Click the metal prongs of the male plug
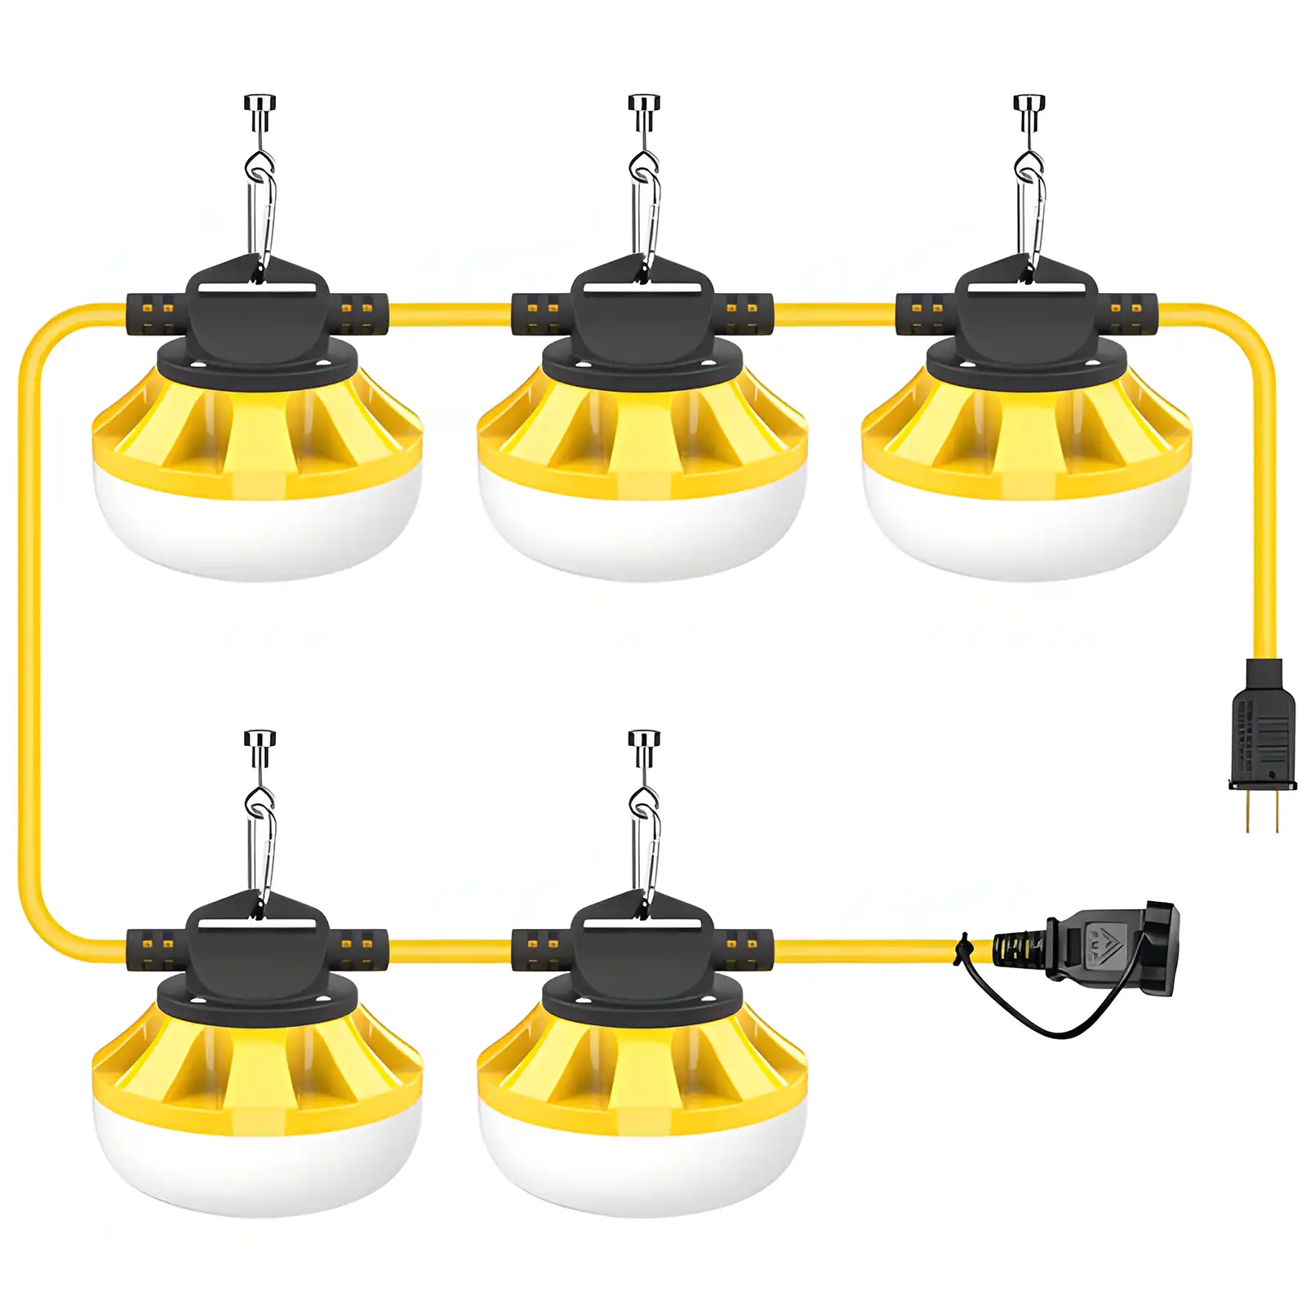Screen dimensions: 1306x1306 pyautogui.click(x=1262, y=811)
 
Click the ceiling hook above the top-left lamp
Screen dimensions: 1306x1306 pyautogui.click(x=260, y=110)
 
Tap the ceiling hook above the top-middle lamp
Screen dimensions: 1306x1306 pyautogui.click(x=643, y=110)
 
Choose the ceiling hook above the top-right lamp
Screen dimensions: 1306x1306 pyautogui.click(x=1028, y=110)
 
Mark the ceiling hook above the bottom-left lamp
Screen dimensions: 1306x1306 pyautogui.click(x=260, y=747)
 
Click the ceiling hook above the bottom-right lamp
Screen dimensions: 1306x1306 pyautogui.click(x=643, y=747)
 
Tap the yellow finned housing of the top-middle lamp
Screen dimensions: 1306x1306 pyautogui.click(x=642, y=433)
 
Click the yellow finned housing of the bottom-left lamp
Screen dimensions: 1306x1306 pyautogui.click(x=257, y=1069)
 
